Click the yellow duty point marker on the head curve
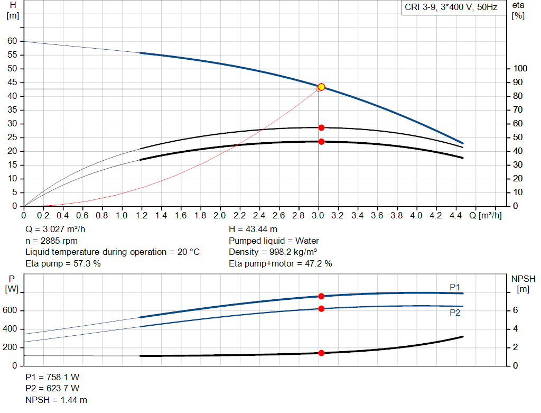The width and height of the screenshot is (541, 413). tap(321, 87)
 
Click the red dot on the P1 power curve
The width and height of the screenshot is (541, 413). tap(321, 296)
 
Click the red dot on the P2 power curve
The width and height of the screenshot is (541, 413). tap(321, 308)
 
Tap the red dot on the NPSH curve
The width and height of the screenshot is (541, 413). tap(321, 353)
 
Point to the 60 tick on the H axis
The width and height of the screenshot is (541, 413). tap(12, 41)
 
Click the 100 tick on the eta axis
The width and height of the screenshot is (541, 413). tap(521, 69)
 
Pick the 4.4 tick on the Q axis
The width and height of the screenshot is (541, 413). tap(455, 216)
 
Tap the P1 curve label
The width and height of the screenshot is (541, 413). tap(455, 287)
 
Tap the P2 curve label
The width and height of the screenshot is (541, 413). tap(455, 313)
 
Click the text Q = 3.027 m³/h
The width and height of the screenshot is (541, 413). tap(55, 229)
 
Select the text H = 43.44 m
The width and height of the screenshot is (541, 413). tap(253, 229)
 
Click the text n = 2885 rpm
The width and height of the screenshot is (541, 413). tap(52, 240)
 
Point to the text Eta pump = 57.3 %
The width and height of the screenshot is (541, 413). tap(63, 263)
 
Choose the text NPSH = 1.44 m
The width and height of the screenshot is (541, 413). tap(57, 400)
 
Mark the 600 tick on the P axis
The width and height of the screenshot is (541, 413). tap(11, 310)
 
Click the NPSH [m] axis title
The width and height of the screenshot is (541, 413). tap(523, 283)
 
